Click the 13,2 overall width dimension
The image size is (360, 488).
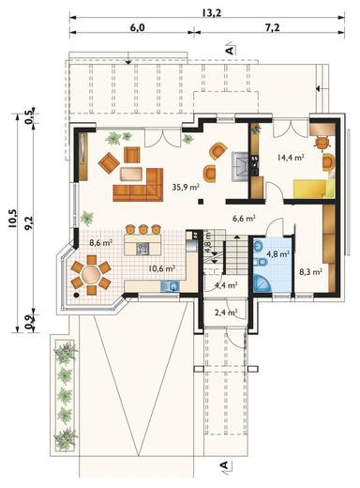212,13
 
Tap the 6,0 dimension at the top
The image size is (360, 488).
137,27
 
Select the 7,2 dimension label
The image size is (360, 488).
272,27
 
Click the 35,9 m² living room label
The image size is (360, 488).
186,187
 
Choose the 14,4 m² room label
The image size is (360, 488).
291,157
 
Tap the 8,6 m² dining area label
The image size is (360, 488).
101,242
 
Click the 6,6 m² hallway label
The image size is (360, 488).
245,219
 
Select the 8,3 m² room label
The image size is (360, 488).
311,272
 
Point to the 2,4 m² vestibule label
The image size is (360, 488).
226,312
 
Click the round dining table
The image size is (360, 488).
91,274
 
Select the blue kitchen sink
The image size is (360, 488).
170,286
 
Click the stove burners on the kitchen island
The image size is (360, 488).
143,249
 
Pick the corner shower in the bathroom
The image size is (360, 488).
262,283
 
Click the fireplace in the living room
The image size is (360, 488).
240,166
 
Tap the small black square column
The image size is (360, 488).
200,202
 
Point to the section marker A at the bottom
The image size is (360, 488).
224,465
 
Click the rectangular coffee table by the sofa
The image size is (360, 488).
131,174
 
